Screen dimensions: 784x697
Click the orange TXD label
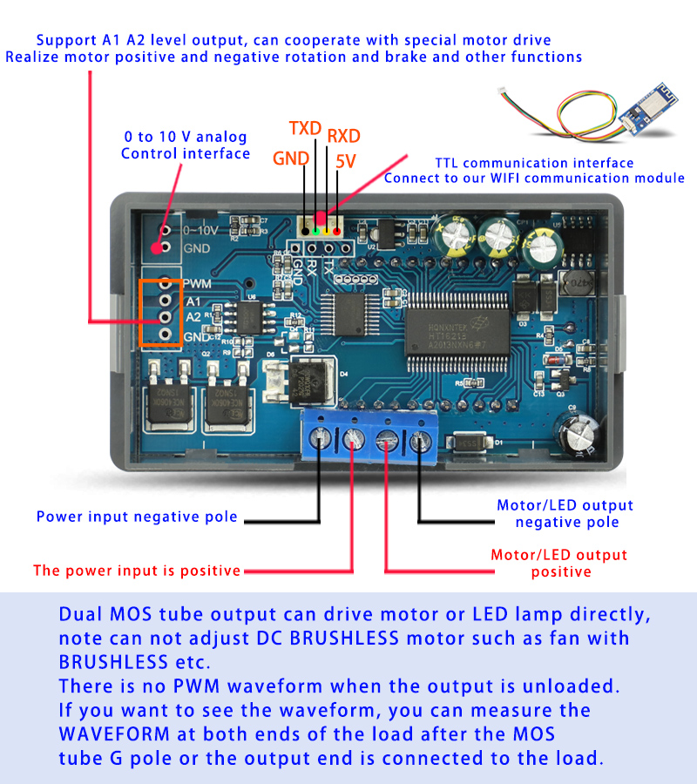(305, 128)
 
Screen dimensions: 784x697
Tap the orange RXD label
(343, 136)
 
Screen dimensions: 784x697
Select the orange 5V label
(345, 161)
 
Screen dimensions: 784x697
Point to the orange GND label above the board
(288, 159)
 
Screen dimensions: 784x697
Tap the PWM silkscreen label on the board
(198, 284)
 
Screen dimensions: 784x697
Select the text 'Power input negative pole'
(137, 517)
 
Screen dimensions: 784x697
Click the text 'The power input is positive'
(137, 571)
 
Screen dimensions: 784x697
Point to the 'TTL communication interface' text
(534, 163)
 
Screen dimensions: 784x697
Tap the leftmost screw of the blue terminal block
(320, 439)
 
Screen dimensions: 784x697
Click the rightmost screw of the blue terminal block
(421, 443)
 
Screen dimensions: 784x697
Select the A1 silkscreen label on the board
(193, 301)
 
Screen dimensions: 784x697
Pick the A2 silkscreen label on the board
(193, 318)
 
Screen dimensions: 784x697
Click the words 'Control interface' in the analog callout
(186, 153)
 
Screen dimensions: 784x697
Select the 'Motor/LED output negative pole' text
(565, 513)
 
